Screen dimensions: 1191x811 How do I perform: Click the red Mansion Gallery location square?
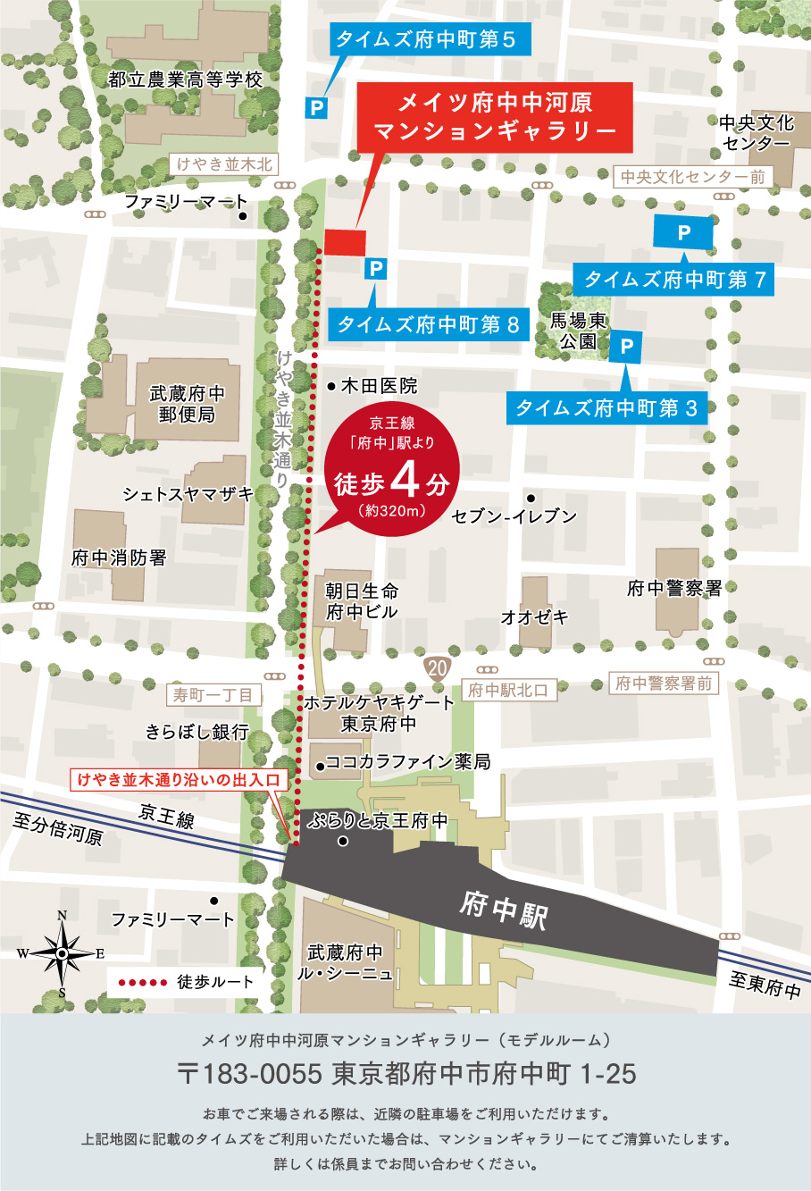[345, 242]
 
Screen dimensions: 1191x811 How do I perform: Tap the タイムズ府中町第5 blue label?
[425, 40]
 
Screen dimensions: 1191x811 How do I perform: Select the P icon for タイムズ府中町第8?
[376, 269]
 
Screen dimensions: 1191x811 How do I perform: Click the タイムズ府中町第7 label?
[674, 280]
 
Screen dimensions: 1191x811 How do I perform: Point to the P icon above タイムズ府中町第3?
[626, 346]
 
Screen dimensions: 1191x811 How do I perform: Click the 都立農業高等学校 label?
[186, 80]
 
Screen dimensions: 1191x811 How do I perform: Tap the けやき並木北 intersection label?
[224, 164]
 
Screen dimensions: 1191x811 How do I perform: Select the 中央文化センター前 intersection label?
[693, 177]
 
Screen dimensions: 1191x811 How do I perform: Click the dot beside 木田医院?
[331, 387]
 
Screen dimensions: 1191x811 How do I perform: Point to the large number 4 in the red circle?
[405, 480]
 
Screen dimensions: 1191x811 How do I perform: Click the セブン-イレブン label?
[514, 516]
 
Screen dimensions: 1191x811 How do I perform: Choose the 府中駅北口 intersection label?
[507, 690]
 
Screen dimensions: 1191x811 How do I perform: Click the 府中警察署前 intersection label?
[664, 684]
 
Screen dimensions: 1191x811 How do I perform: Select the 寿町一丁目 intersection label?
[213, 694]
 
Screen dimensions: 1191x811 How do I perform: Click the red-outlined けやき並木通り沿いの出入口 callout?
[179, 780]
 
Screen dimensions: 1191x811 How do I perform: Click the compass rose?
[62, 953]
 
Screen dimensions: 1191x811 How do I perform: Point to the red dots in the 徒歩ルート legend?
[143, 982]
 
